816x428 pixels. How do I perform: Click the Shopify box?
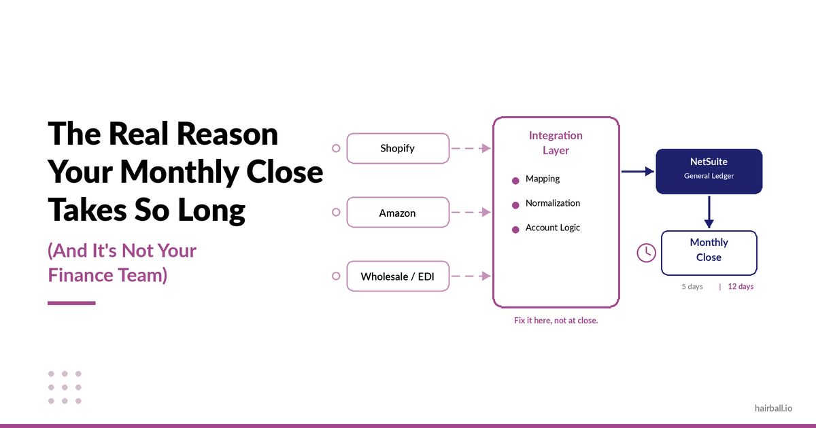(398, 148)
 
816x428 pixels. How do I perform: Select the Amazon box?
(398, 213)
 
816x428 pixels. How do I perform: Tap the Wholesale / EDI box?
(398, 277)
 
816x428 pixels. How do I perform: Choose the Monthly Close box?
(709, 250)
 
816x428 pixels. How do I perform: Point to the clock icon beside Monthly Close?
(646, 252)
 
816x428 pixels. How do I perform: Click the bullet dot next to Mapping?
(515, 181)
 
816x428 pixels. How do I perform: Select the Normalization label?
(552, 203)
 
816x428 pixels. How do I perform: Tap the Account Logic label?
(552, 228)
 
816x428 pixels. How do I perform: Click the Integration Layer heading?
(556, 143)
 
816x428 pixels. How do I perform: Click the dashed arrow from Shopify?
(471, 148)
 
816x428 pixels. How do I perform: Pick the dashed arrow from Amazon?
(471, 213)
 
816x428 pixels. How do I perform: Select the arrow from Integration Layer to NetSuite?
(637, 171)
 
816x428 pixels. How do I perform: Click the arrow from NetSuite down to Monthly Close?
(709, 212)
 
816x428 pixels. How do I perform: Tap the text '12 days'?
(741, 287)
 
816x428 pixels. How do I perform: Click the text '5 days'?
(692, 287)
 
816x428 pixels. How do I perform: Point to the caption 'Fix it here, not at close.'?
(556, 321)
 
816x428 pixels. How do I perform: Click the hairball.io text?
(773, 408)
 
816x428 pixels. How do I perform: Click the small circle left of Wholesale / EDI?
(336, 276)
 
